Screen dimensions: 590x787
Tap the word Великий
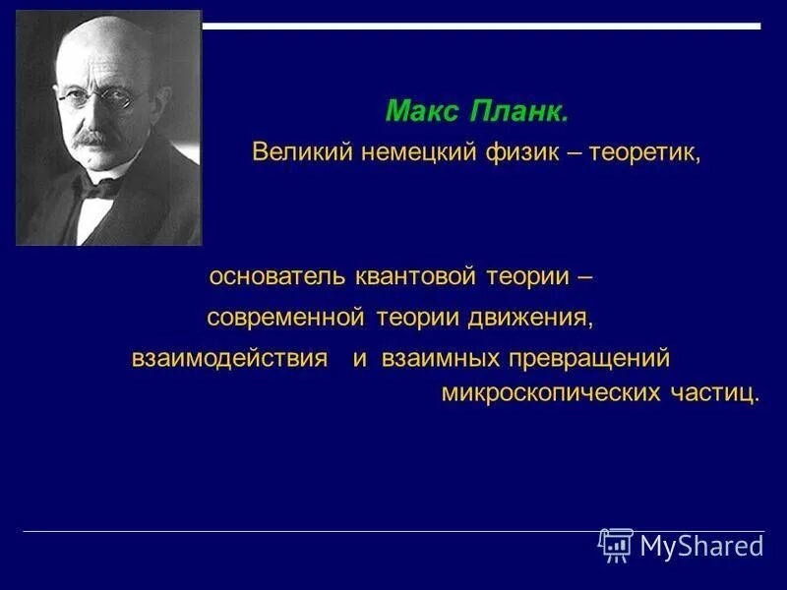click(296, 152)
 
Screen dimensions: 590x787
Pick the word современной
click(285, 318)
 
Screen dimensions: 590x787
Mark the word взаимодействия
click(229, 359)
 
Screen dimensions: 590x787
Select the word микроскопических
click(536, 393)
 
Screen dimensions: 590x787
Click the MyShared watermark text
click(700, 546)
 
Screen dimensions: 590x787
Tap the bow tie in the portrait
click(100, 186)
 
